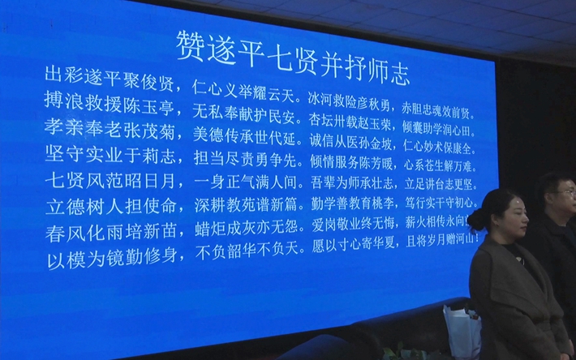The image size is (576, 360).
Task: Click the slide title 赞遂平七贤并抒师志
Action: (293, 47)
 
